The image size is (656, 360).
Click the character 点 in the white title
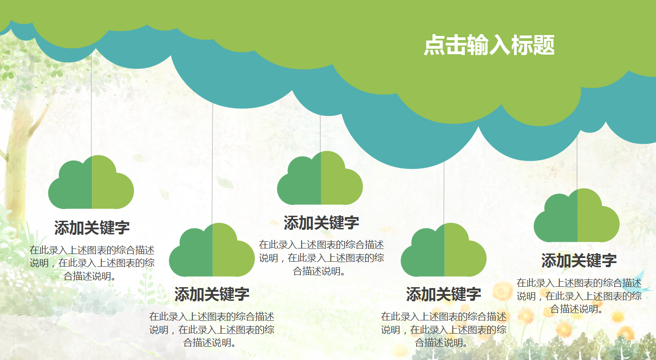434,46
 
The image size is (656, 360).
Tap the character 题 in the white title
544,46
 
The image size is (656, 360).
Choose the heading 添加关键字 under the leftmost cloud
92,228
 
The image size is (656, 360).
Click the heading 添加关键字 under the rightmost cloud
579,261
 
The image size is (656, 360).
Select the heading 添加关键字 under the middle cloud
321,223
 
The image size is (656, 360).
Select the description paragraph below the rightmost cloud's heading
579,296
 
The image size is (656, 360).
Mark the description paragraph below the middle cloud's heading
321,258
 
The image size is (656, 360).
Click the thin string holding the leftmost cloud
92,105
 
